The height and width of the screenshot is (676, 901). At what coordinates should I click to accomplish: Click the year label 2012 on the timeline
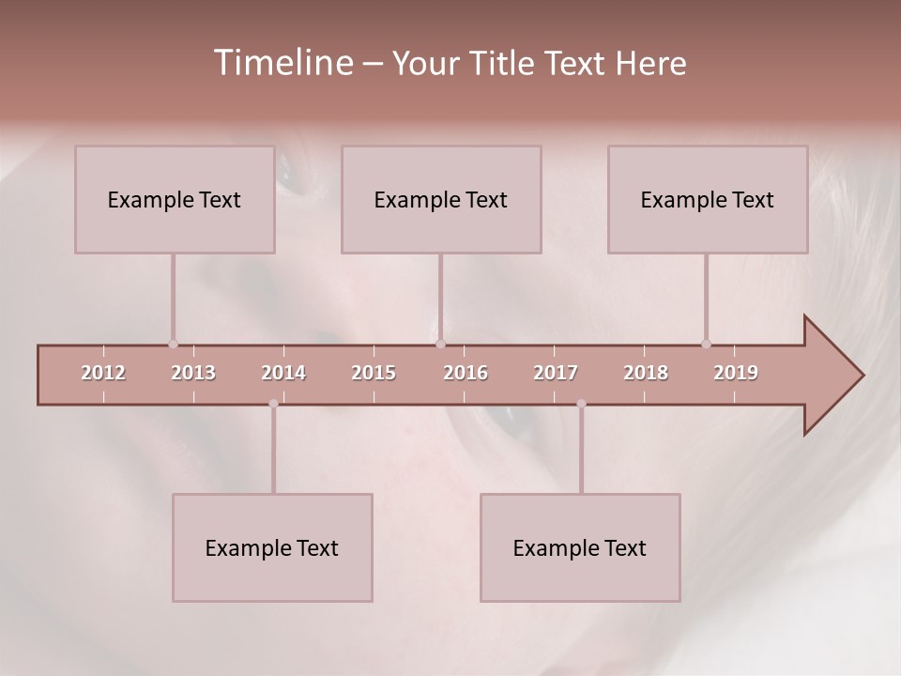click(103, 373)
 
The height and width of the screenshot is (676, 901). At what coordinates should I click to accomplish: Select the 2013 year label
click(193, 373)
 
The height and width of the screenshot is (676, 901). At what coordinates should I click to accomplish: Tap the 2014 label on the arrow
click(283, 373)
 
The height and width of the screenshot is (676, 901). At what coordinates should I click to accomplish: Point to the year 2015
click(374, 373)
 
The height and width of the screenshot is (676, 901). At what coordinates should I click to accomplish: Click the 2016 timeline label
click(466, 373)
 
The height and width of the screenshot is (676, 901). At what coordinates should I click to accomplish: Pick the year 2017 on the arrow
click(556, 373)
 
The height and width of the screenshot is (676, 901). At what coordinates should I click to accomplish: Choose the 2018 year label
click(646, 373)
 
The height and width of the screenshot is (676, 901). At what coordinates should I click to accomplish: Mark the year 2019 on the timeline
click(736, 373)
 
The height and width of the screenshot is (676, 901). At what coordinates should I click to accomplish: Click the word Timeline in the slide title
click(282, 63)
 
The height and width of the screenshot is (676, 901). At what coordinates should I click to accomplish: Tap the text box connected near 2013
click(175, 199)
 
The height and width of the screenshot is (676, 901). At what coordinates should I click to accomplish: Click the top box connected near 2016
click(441, 199)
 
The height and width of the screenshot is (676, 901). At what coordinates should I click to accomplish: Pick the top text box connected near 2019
click(708, 199)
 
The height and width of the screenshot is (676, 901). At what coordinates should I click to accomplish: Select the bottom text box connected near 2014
click(272, 547)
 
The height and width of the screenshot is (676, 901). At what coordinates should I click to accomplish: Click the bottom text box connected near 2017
click(580, 547)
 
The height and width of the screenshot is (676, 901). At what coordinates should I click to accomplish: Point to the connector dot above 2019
click(707, 344)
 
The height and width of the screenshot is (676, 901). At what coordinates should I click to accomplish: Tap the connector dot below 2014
click(273, 404)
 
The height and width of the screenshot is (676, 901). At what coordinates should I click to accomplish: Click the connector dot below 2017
click(581, 404)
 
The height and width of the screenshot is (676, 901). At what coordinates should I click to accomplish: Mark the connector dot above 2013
click(173, 344)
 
